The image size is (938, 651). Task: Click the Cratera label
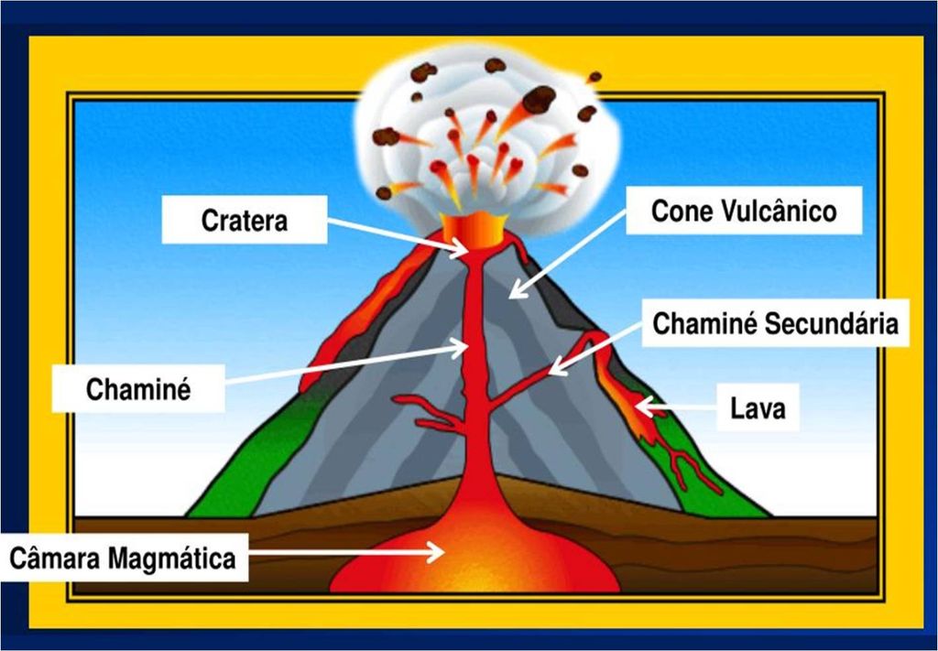click(244, 222)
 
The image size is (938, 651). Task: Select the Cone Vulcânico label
click(744, 212)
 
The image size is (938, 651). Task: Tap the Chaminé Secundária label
click(775, 323)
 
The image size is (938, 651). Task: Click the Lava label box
click(758, 408)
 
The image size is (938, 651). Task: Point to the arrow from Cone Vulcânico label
click(568, 251)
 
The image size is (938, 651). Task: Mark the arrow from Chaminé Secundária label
click(599, 345)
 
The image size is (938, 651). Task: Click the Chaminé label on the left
click(138, 390)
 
